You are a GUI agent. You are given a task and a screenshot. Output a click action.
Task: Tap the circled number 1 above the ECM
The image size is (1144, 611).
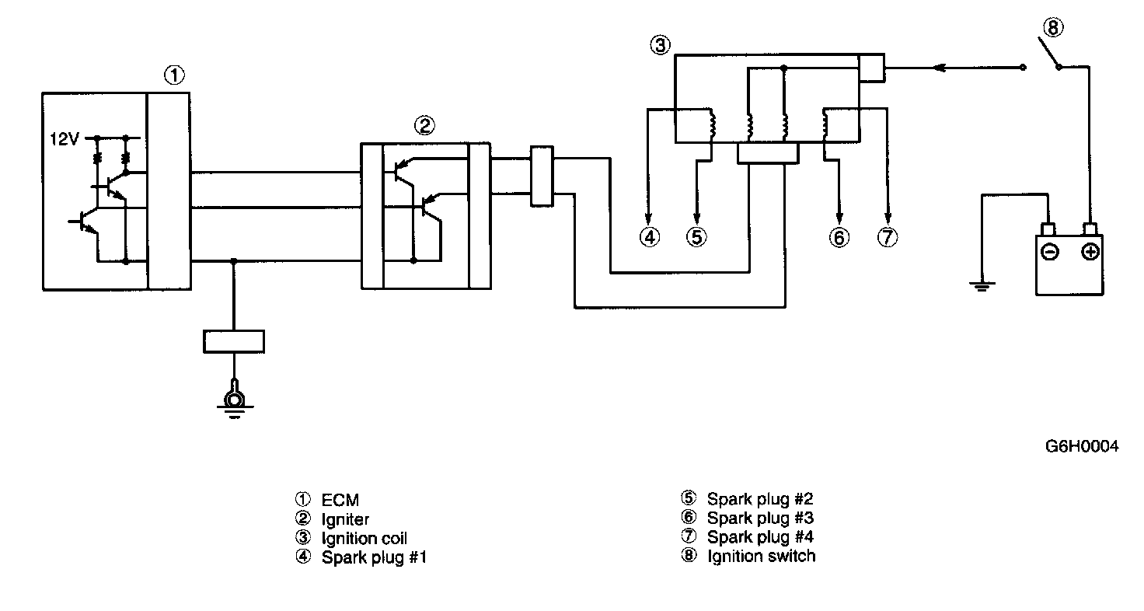175,75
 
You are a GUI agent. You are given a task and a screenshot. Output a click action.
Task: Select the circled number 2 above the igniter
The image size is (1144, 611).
424,125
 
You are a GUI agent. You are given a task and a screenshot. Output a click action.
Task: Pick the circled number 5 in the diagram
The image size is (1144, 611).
696,237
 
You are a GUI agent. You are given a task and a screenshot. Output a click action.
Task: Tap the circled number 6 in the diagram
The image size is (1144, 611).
839,237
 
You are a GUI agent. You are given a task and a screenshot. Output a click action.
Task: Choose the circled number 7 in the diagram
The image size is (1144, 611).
887,237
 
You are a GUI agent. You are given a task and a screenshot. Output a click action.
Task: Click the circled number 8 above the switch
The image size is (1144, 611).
1052,28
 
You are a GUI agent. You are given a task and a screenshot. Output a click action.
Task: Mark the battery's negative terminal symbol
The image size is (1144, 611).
1050,253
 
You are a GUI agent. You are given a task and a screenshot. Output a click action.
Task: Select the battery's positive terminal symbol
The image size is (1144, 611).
1090,253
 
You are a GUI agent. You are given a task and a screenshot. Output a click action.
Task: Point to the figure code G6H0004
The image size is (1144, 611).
1082,447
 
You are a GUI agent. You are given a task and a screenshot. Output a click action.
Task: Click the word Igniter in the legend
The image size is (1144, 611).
345,518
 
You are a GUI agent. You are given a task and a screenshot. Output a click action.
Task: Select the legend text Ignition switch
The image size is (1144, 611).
761,556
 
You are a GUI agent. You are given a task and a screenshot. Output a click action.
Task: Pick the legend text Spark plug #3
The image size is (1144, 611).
760,518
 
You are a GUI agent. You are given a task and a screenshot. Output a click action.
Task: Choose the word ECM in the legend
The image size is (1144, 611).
340,500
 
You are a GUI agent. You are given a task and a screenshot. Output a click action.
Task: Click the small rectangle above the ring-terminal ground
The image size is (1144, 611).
233,341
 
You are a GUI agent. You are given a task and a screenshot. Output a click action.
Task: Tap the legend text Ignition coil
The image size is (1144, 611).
364,538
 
